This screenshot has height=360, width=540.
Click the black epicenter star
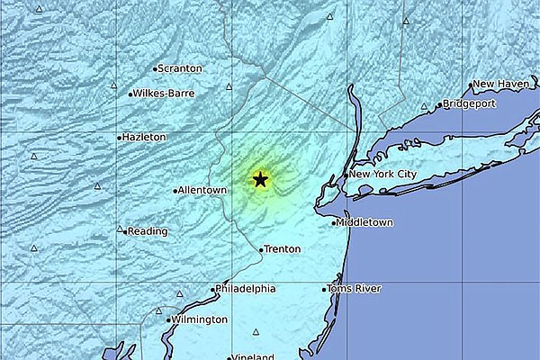[x=260, y=179]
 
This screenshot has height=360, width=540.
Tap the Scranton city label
[x=181, y=68]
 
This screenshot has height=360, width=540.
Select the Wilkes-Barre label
[x=164, y=93]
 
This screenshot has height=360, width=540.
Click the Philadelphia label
[x=247, y=289]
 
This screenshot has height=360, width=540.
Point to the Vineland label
[x=253, y=357]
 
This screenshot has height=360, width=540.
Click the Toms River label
[x=355, y=289]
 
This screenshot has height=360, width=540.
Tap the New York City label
[x=383, y=174]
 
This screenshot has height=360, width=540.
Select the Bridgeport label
[x=470, y=104]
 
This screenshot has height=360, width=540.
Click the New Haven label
[x=499, y=84]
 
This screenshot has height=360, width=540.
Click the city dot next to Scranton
[x=155, y=68]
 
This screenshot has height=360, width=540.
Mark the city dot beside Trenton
[x=261, y=249]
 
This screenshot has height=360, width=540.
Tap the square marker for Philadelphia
[x=213, y=289]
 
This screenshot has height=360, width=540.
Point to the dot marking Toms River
[x=325, y=289]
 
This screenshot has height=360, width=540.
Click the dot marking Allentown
[x=175, y=191]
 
